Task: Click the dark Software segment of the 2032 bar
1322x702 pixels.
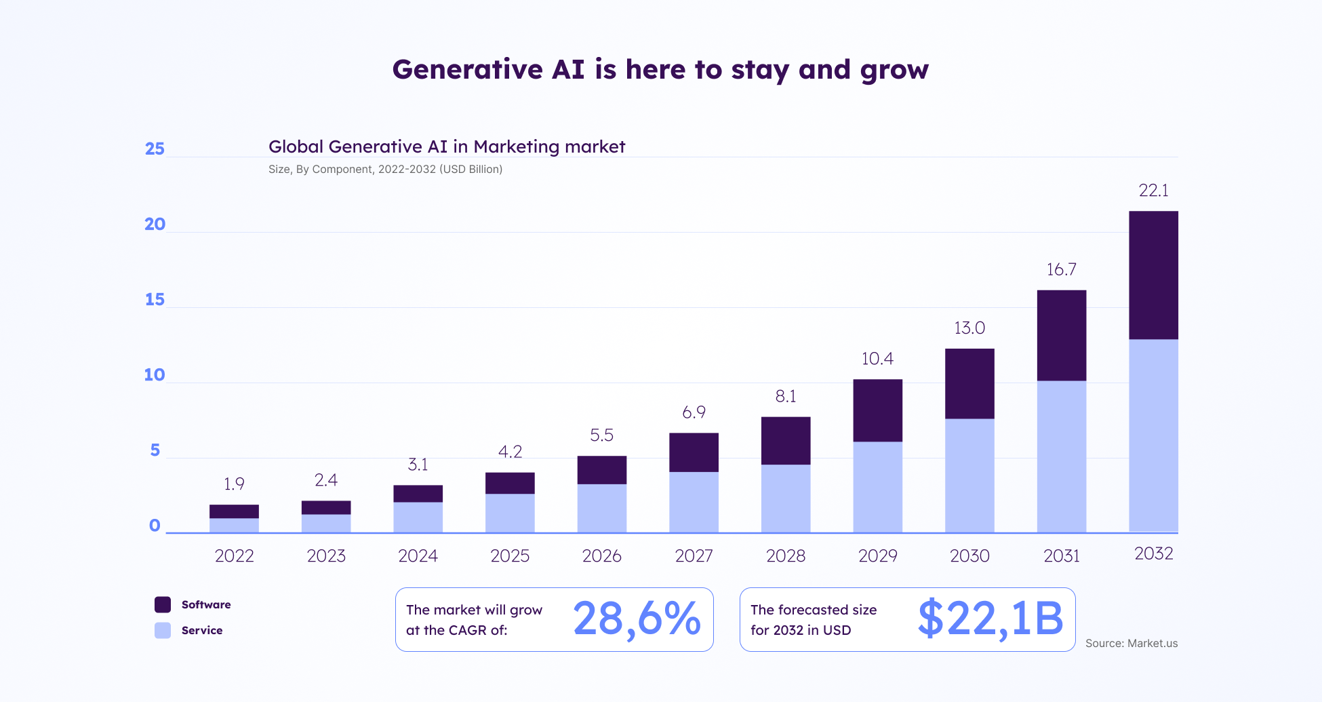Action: pyautogui.click(x=1153, y=275)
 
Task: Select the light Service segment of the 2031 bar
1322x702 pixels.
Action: pyautogui.click(x=1061, y=456)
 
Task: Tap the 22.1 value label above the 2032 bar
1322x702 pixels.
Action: pyautogui.click(x=1153, y=191)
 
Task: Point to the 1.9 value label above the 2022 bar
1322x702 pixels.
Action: pyautogui.click(x=234, y=484)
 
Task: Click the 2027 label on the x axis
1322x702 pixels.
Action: pyautogui.click(x=694, y=556)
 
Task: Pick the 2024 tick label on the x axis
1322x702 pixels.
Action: pyautogui.click(x=418, y=556)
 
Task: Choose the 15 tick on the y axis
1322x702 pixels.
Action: pyautogui.click(x=155, y=300)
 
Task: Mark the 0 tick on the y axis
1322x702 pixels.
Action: pyautogui.click(x=155, y=526)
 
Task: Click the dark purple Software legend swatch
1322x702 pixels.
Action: pyautogui.click(x=163, y=604)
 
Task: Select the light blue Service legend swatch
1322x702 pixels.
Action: pyautogui.click(x=163, y=631)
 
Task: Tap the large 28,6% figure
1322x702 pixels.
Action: pyautogui.click(x=637, y=619)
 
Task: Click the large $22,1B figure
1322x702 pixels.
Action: pyautogui.click(x=990, y=619)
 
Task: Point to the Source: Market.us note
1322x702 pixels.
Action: pyautogui.click(x=1131, y=643)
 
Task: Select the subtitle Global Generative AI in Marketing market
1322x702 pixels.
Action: pyautogui.click(x=447, y=147)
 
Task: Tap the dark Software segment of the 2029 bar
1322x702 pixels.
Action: pyautogui.click(x=877, y=410)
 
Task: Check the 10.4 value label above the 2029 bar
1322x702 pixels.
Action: pyautogui.click(x=877, y=359)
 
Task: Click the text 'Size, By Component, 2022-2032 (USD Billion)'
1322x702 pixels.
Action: pyautogui.click(x=385, y=169)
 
